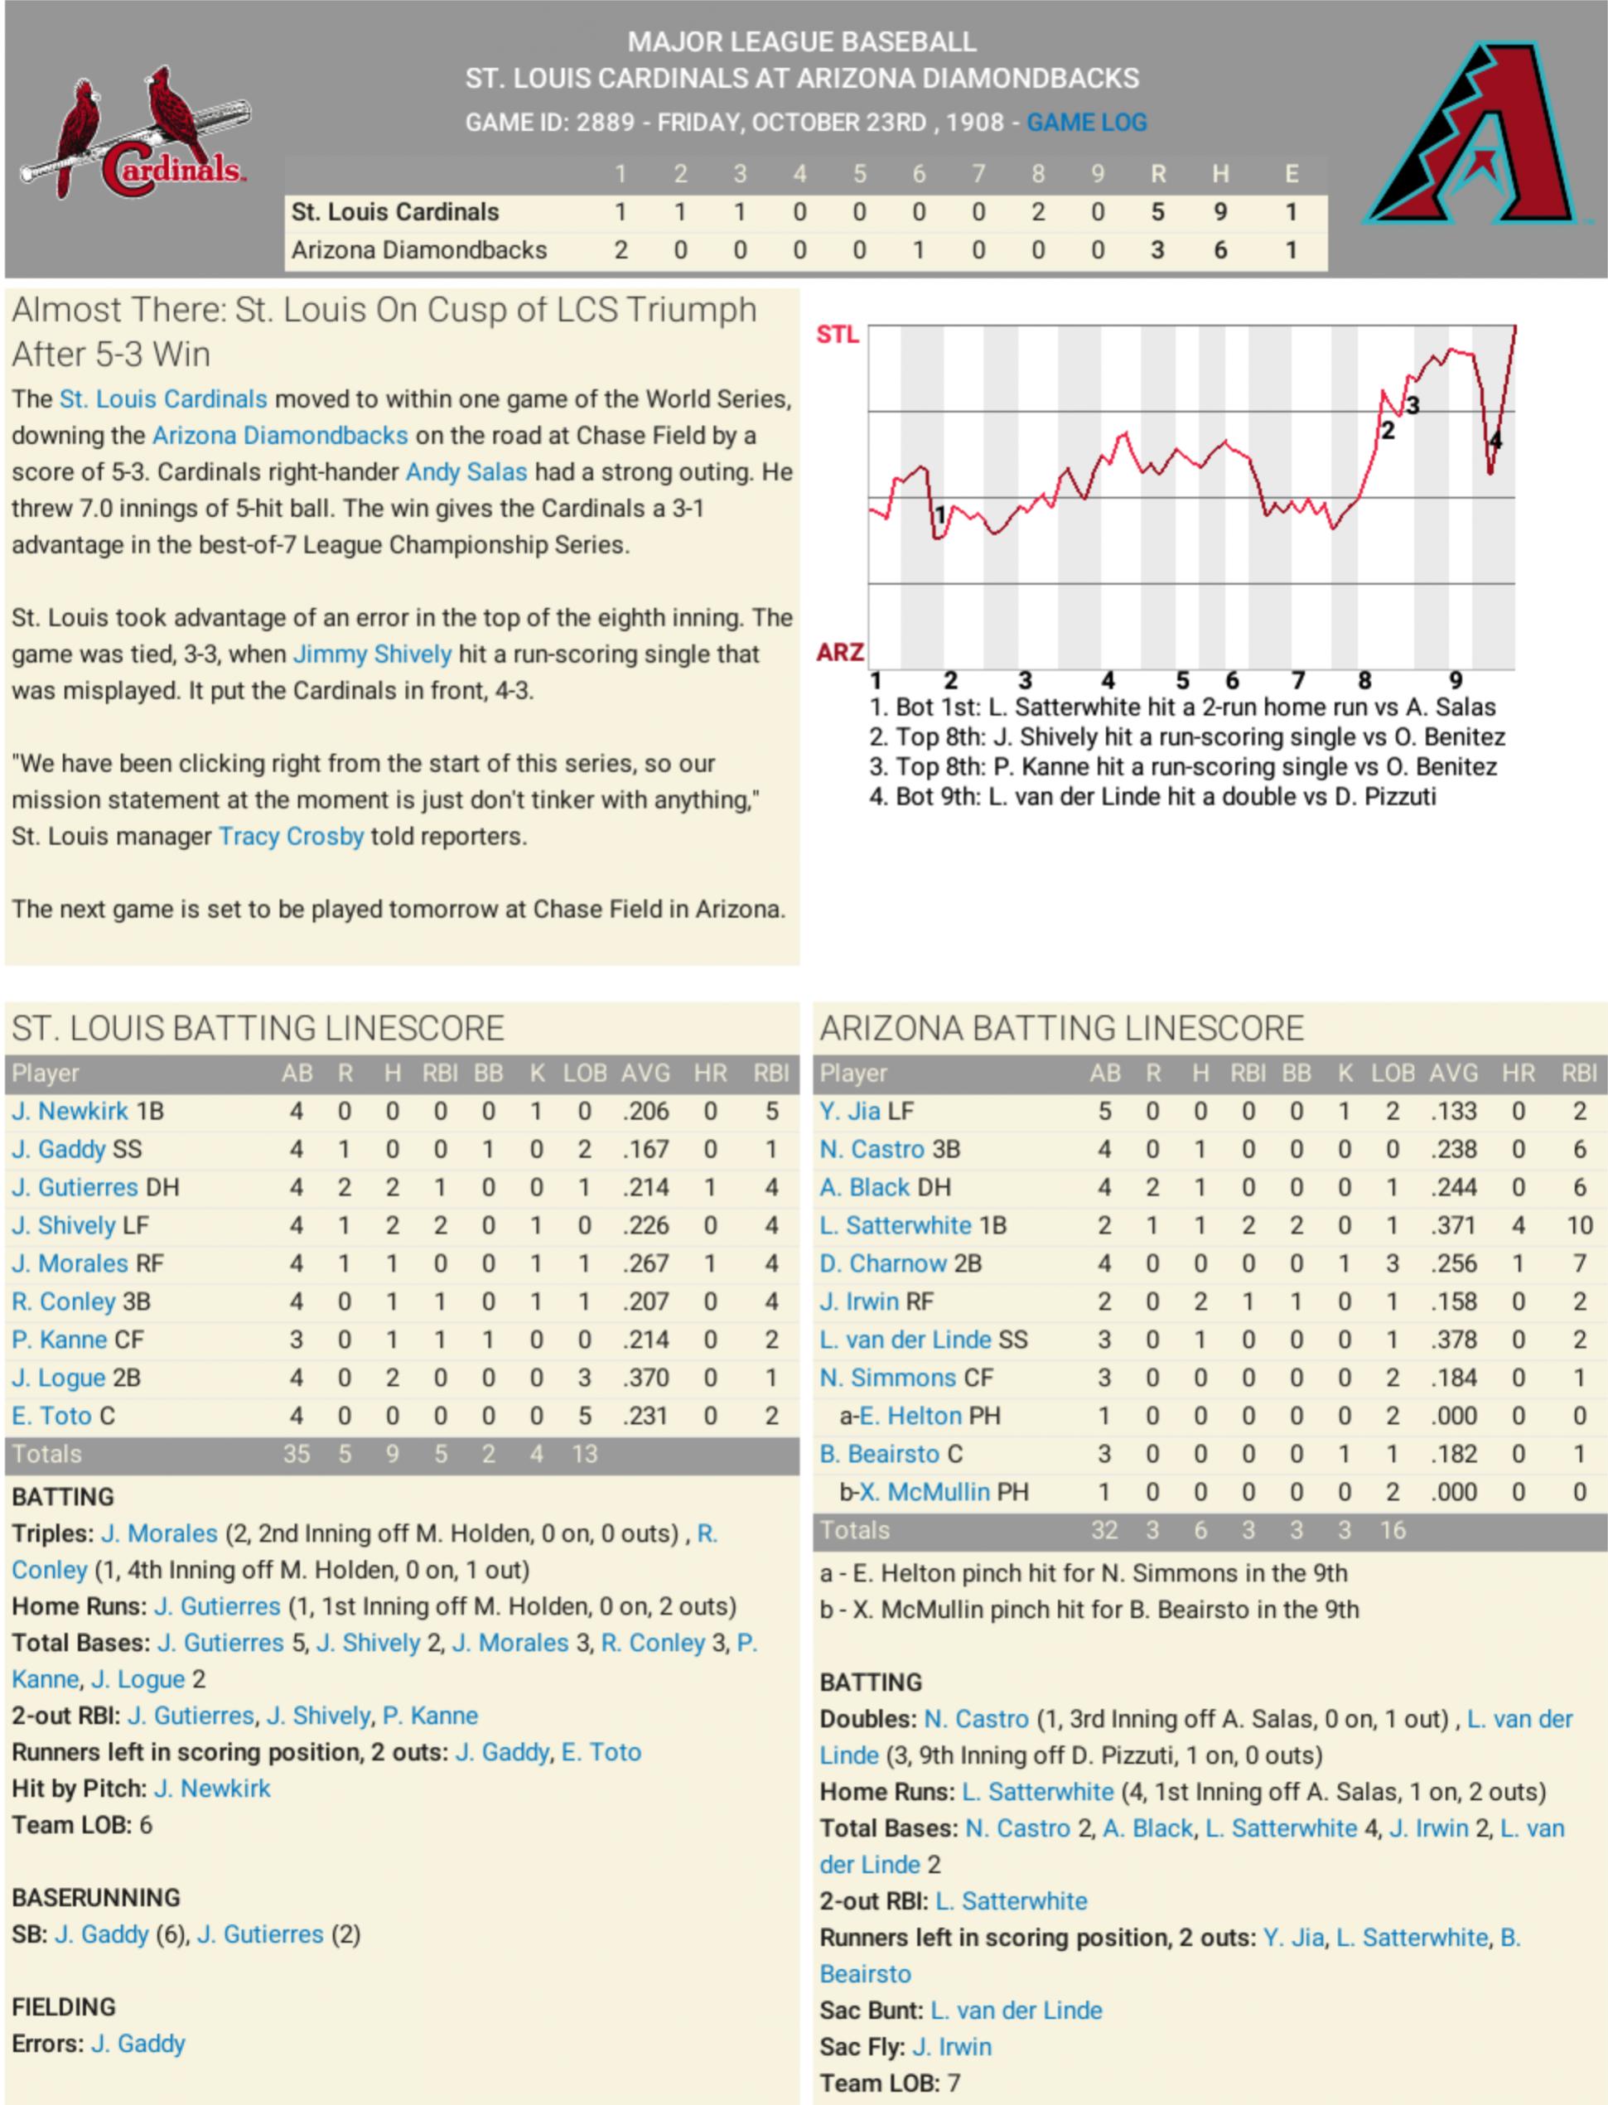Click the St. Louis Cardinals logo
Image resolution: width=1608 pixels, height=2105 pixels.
click(134, 134)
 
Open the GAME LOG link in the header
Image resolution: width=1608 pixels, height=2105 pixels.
click(1086, 123)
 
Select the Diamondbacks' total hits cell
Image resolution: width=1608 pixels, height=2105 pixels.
click(1219, 250)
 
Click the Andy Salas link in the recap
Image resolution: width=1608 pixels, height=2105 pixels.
click(466, 472)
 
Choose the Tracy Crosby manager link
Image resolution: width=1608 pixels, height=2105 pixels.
click(291, 836)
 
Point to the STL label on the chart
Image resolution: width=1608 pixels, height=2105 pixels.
click(837, 334)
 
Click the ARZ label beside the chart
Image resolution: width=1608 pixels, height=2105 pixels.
click(839, 652)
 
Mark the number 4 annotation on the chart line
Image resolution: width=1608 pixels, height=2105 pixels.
click(1495, 442)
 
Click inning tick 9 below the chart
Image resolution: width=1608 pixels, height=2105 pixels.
click(1455, 681)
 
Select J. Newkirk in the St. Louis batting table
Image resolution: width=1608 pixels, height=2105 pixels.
click(70, 1112)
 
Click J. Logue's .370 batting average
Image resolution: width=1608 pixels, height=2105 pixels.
click(645, 1378)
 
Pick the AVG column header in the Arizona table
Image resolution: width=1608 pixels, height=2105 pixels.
click(1453, 1073)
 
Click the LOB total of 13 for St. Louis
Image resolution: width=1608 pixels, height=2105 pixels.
click(584, 1454)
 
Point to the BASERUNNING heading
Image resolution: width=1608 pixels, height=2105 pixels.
click(96, 1897)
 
